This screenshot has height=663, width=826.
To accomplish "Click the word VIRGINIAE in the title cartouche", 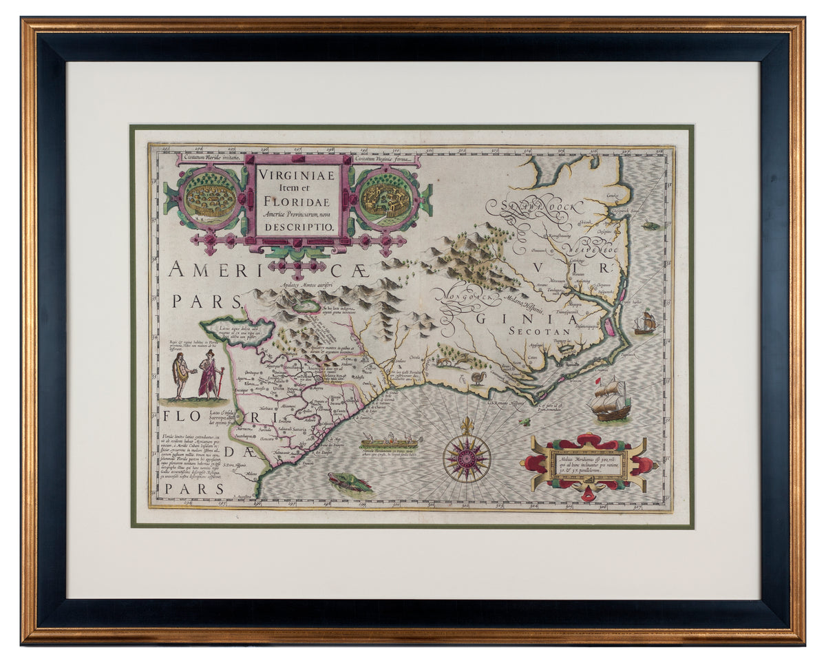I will click(x=297, y=175).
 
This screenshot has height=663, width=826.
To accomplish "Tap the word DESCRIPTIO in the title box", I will click(x=297, y=226).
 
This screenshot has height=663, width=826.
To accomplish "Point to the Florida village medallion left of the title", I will click(x=211, y=197).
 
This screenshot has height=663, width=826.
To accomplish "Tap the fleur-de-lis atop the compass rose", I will click(x=468, y=425).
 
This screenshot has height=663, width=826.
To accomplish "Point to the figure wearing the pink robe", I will click(x=208, y=375).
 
